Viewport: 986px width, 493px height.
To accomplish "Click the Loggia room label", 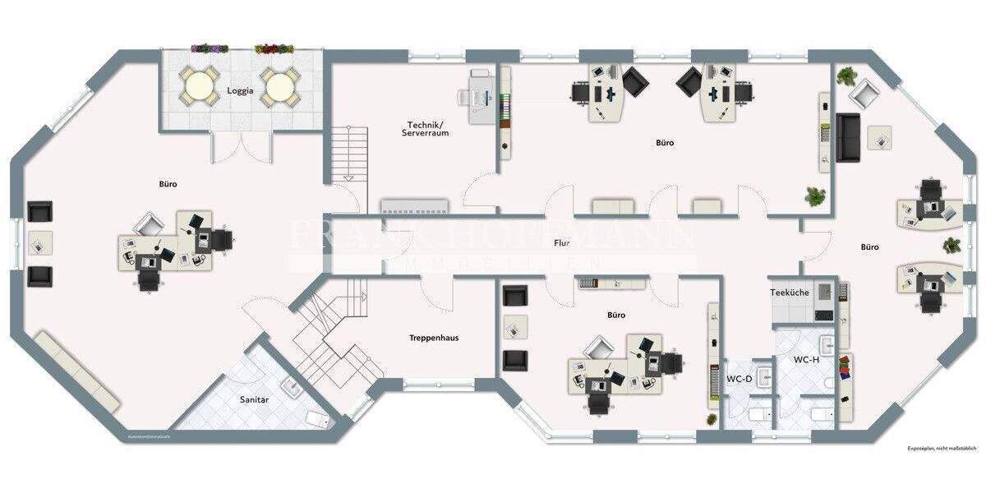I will [241, 91].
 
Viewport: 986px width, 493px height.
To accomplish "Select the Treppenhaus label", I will [433, 338].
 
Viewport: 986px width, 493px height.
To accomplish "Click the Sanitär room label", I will [254, 399].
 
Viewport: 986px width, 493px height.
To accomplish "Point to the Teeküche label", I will [789, 293].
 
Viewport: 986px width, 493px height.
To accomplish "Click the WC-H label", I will [806, 360].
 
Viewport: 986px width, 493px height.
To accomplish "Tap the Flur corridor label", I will [562, 243].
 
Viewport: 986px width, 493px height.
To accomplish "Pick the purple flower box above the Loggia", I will [210, 49].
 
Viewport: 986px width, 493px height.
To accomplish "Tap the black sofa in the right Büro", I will [848, 137].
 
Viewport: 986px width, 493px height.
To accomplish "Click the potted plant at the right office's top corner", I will [846, 76].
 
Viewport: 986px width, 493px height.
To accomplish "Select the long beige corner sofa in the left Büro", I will [78, 371].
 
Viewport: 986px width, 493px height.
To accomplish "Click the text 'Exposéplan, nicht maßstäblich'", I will [942, 449].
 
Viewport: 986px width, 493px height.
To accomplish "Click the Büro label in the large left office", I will [168, 184].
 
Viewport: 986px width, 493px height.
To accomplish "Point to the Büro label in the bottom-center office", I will [616, 315].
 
